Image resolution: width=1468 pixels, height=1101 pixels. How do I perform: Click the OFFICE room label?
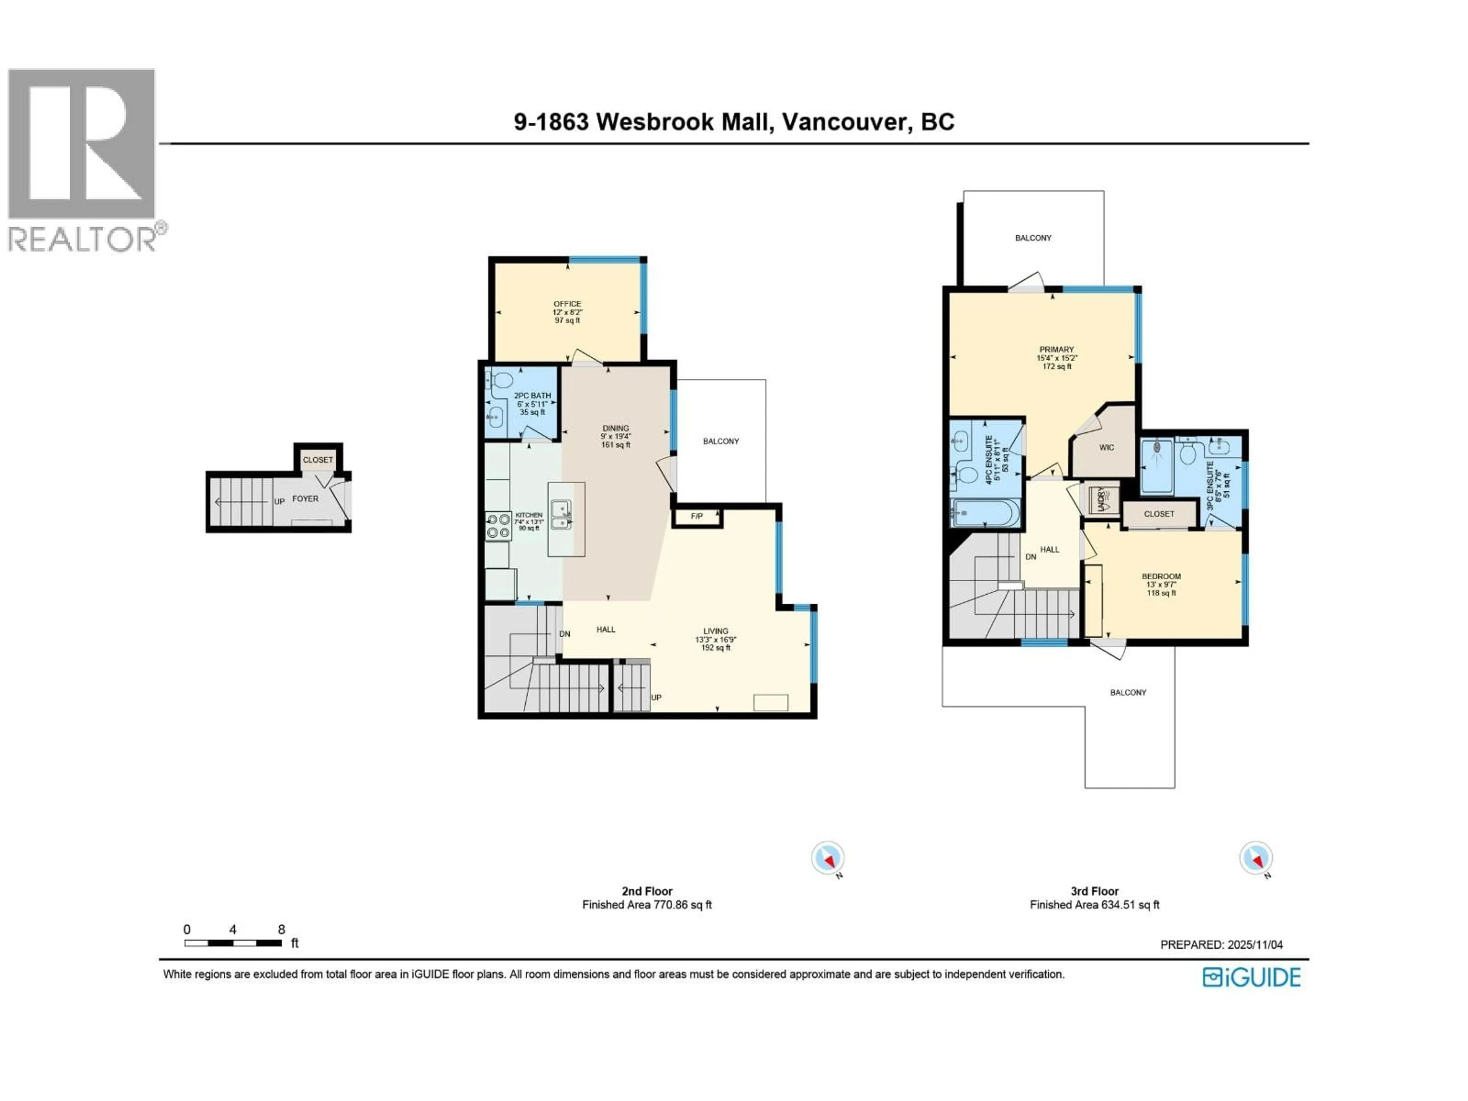coord(567,304)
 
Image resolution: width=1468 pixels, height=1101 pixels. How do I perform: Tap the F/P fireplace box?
coord(696,516)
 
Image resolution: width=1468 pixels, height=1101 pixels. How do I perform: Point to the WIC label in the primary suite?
coord(1106,447)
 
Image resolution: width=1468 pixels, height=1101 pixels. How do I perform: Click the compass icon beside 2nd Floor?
coord(828,858)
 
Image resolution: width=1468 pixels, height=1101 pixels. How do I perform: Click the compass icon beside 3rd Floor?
coord(1255,858)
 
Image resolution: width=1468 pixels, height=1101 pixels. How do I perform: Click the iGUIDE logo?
coord(1252,978)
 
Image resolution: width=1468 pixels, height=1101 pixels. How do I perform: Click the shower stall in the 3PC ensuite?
coord(1157,466)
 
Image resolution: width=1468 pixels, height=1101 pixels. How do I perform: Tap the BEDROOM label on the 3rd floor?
coord(1161,577)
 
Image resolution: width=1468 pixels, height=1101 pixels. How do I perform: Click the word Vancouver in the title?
coord(845,122)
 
